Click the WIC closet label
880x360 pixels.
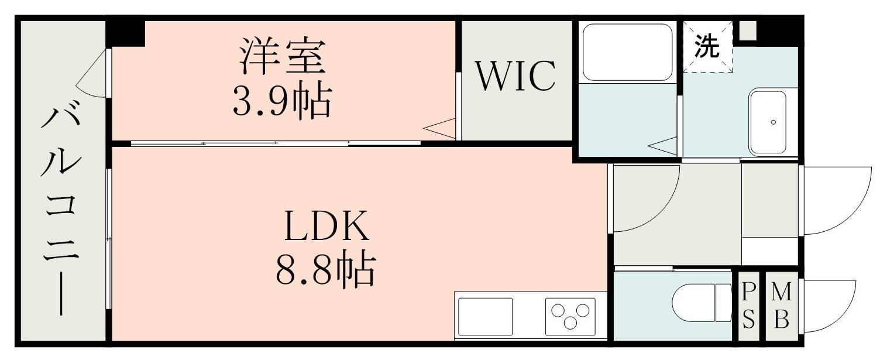[x=516, y=76]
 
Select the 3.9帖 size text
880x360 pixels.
[x=283, y=101]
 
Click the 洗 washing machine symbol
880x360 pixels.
[x=707, y=46]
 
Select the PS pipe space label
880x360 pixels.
[x=748, y=306]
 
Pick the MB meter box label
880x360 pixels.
[x=781, y=306]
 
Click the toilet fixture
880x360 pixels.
[x=702, y=303]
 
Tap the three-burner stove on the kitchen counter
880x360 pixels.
[x=570, y=317]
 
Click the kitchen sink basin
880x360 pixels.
[x=486, y=317]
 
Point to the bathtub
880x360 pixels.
[x=627, y=52]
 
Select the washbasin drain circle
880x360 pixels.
[x=773, y=122]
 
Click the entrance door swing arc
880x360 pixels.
[x=837, y=201]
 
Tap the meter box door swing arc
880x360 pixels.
[x=829, y=306]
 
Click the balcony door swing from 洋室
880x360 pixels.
[x=91, y=73]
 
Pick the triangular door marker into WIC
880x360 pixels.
[x=439, y=129]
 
